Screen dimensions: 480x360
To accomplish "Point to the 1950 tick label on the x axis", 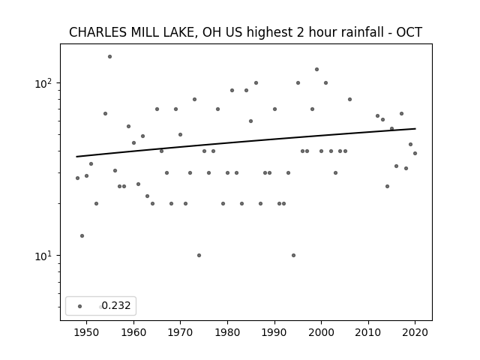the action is (87, 332).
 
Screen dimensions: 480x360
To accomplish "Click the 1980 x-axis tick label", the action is (227, 332).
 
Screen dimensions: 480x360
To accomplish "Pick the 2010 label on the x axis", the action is (368, 332).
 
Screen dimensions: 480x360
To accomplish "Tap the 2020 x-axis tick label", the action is (415, 332).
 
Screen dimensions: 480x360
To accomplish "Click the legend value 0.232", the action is (116, 305).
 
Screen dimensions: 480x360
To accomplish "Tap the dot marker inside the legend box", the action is (80, 306).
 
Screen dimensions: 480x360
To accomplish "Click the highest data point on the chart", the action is (110, 57).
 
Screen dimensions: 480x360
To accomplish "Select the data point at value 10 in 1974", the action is (199, 255).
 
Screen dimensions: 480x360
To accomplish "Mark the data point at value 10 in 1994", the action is (293, 255).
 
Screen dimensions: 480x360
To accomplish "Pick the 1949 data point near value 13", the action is (82, 235).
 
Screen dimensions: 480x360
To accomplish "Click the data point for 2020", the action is (415, 153).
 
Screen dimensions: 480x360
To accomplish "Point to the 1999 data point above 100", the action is (316, 70).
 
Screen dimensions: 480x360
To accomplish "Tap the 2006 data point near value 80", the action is (350, 100).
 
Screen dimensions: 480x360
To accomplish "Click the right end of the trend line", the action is (415, 128).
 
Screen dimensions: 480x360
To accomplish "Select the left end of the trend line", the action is (76, 157).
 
